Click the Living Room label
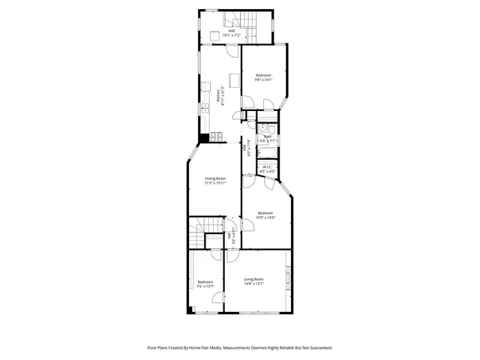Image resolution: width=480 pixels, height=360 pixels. (253, 279)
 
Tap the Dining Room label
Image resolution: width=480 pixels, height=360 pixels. (215, 178)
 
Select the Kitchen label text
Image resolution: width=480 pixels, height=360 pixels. (218, 96)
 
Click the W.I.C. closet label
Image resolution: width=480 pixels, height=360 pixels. (267, 166)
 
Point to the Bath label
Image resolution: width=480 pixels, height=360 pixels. (268, 136)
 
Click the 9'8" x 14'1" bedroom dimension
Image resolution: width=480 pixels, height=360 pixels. (263, 79)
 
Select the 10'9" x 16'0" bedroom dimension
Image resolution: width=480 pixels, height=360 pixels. (266, 217)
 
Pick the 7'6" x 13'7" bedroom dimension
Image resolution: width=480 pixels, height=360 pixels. (205, 286)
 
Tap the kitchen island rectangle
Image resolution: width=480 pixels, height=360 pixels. (234, 79)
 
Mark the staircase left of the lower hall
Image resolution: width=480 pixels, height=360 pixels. (196, 236)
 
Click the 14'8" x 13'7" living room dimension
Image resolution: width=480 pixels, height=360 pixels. (253, 283)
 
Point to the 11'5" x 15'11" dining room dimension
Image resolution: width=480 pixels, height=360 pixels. (215, 183)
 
